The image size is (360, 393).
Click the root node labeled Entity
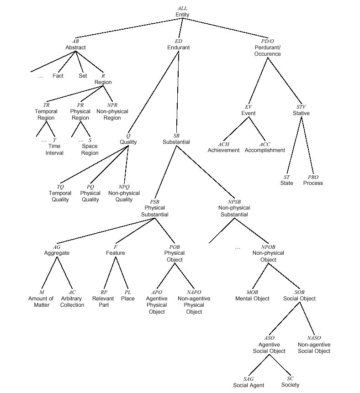click(182, 15)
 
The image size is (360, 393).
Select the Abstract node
click(75, 47)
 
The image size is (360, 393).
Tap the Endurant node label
click(179, 47)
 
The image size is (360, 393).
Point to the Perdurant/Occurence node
click(268, 50)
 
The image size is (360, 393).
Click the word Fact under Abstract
click(58, 76)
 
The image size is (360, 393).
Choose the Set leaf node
click(83, 76)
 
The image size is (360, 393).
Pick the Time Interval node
click(54, 150)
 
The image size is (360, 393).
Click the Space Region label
click(90, 150)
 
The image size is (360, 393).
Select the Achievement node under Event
click(223, 150)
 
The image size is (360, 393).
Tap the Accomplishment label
click(265, 150)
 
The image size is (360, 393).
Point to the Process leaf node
click(313, 183)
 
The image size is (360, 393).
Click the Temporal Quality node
click(60, 196)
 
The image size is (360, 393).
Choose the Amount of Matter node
click(42, 302)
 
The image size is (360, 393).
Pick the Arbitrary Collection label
click(72, 302)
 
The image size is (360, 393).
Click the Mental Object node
click(252, 299)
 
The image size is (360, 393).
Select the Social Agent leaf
click(249, 385)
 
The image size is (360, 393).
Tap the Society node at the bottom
click(290, 385)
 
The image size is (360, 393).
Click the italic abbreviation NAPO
click(194, 292)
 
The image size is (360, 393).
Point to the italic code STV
click(301, 107)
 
